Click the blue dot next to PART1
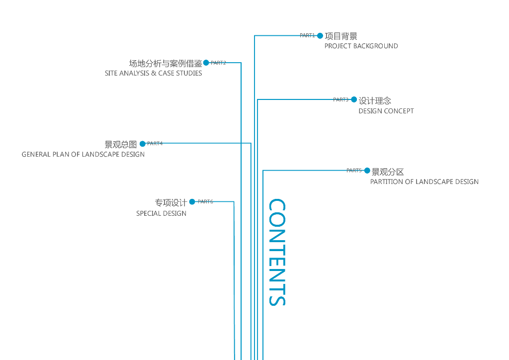pyautogui.click(x=320, y=36)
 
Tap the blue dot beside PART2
pyautogui.click(x=206, y=63)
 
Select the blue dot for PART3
pyautogui.click(x=354, y=99)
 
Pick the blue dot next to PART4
pyautogui.click(x=143, y=144)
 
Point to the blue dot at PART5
pyautogui.click(x=367, y=171)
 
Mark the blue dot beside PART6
pyautogui.click(x=192, y=202)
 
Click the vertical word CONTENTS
pyautogui.click(x=277, y=252)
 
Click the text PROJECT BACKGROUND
pyautogui.click(x=361, y=46)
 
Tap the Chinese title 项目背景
pyautogui.click(x=341, y=36)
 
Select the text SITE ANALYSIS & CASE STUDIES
pyautogui.click(x=153, y=74)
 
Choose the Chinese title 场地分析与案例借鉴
pyautogui.click(x=166, y=63)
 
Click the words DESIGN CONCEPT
pyautogui.click(x=386, y=111)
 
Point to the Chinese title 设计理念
pyautogui.click(x=375, y=100)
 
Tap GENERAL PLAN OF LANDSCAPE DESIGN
pyautogui.click(x=83, y=155)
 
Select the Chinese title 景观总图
pyautogui.click(x=121, y=145)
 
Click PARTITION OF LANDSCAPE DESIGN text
pyautogui.click(x=424, y=182)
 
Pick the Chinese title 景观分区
pyautogui.click(x=388, y=172)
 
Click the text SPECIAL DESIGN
pyautogui.click(x=162, y=214)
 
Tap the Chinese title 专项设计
pyautogui.click(x=171, y=203)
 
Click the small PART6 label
pyautogui.click(x=205, y=201)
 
